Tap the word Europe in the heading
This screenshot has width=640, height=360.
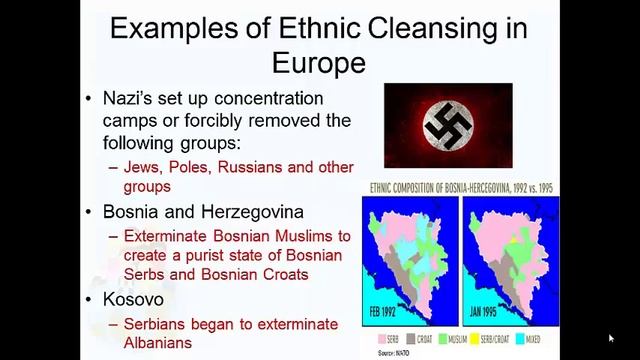[318, 63]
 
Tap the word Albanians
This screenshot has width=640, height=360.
[157, 343]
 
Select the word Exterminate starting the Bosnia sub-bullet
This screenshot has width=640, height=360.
[169, 237]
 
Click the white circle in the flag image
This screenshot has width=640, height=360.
[448, 125]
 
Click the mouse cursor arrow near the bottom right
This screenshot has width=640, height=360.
[611, 338]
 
